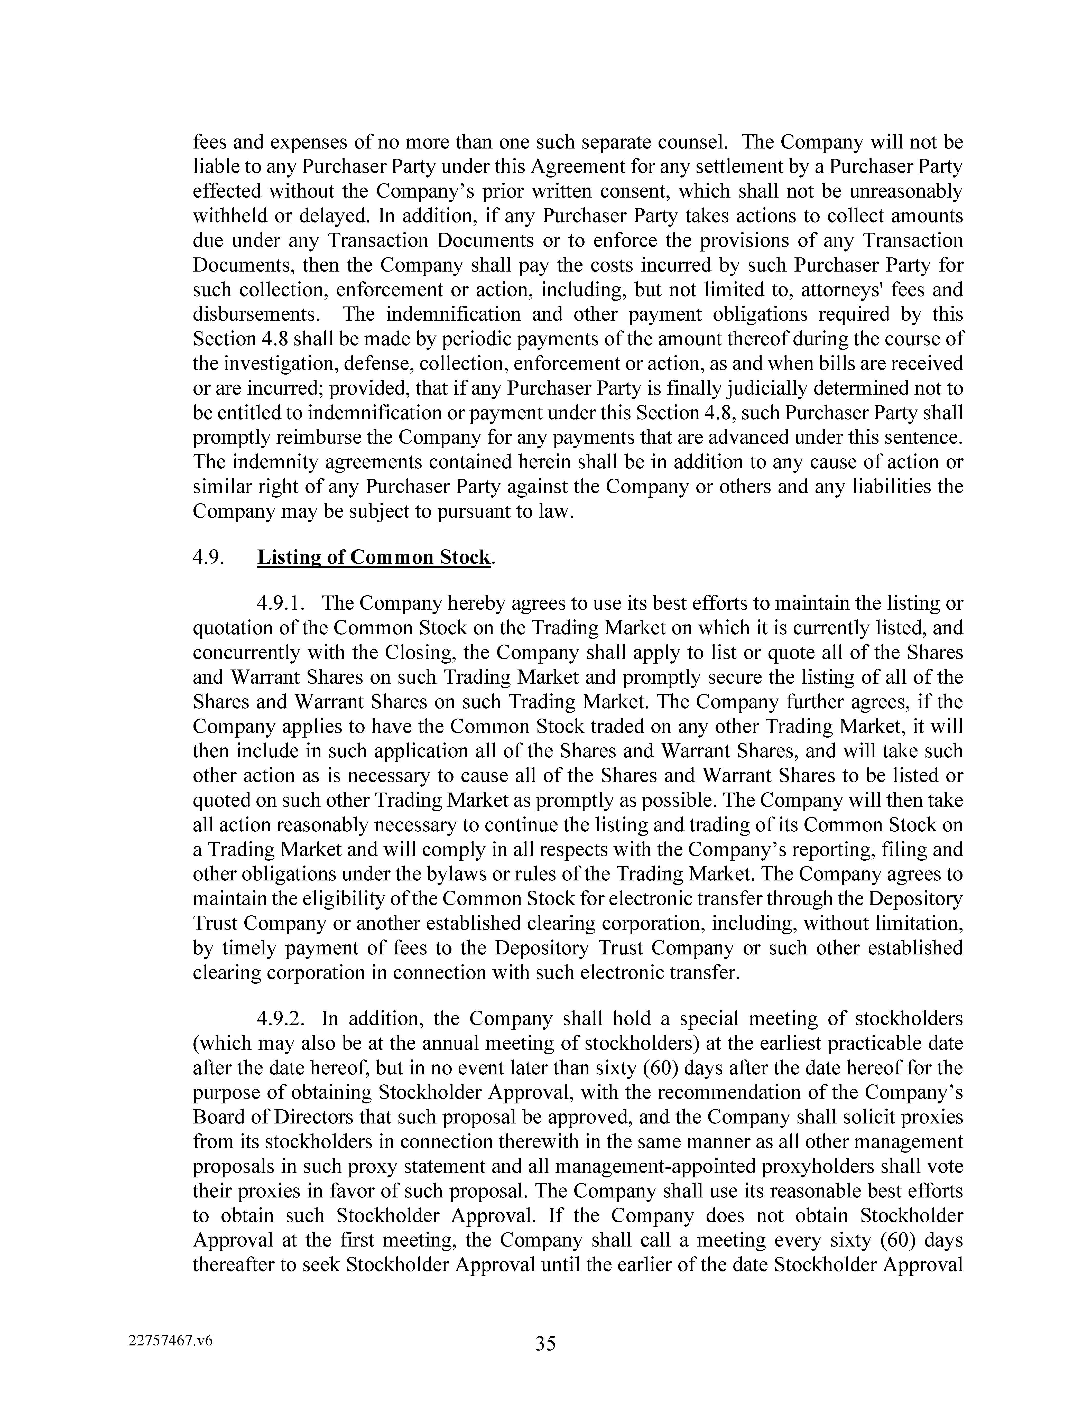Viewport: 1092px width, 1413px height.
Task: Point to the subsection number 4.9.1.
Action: point(280,603)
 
